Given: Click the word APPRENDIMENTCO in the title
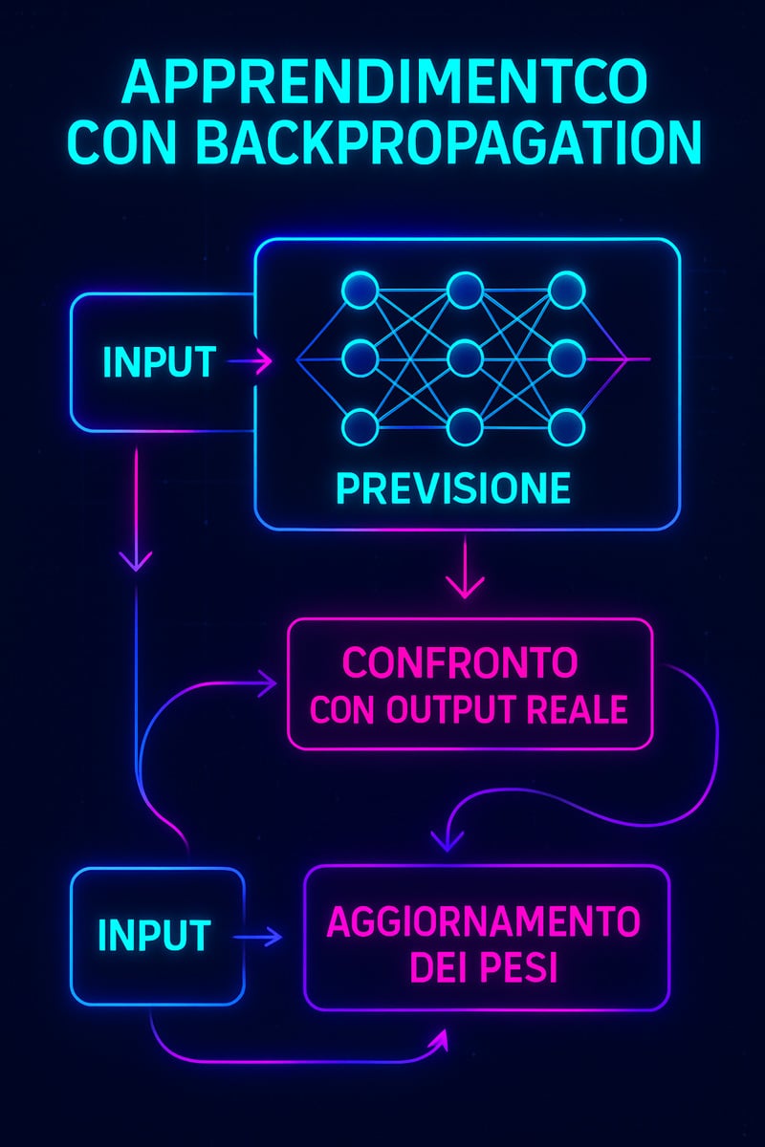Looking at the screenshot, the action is point(385,83).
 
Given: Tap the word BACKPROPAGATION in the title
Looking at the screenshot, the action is point(448,142).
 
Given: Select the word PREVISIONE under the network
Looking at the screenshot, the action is point(453,488).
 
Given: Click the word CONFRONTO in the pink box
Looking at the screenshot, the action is point(460,662).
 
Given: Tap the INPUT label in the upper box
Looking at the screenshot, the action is point(159,361).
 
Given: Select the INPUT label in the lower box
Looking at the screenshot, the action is point(154,935).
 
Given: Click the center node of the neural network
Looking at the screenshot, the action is point(464,359).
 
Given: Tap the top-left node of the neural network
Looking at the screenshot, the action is point(361,291).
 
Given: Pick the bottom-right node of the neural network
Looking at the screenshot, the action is point(567,426).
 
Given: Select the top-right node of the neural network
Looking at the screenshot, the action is point(567,291).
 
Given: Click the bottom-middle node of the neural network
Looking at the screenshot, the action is point(464,426).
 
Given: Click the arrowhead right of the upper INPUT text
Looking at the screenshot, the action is point(264,361).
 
